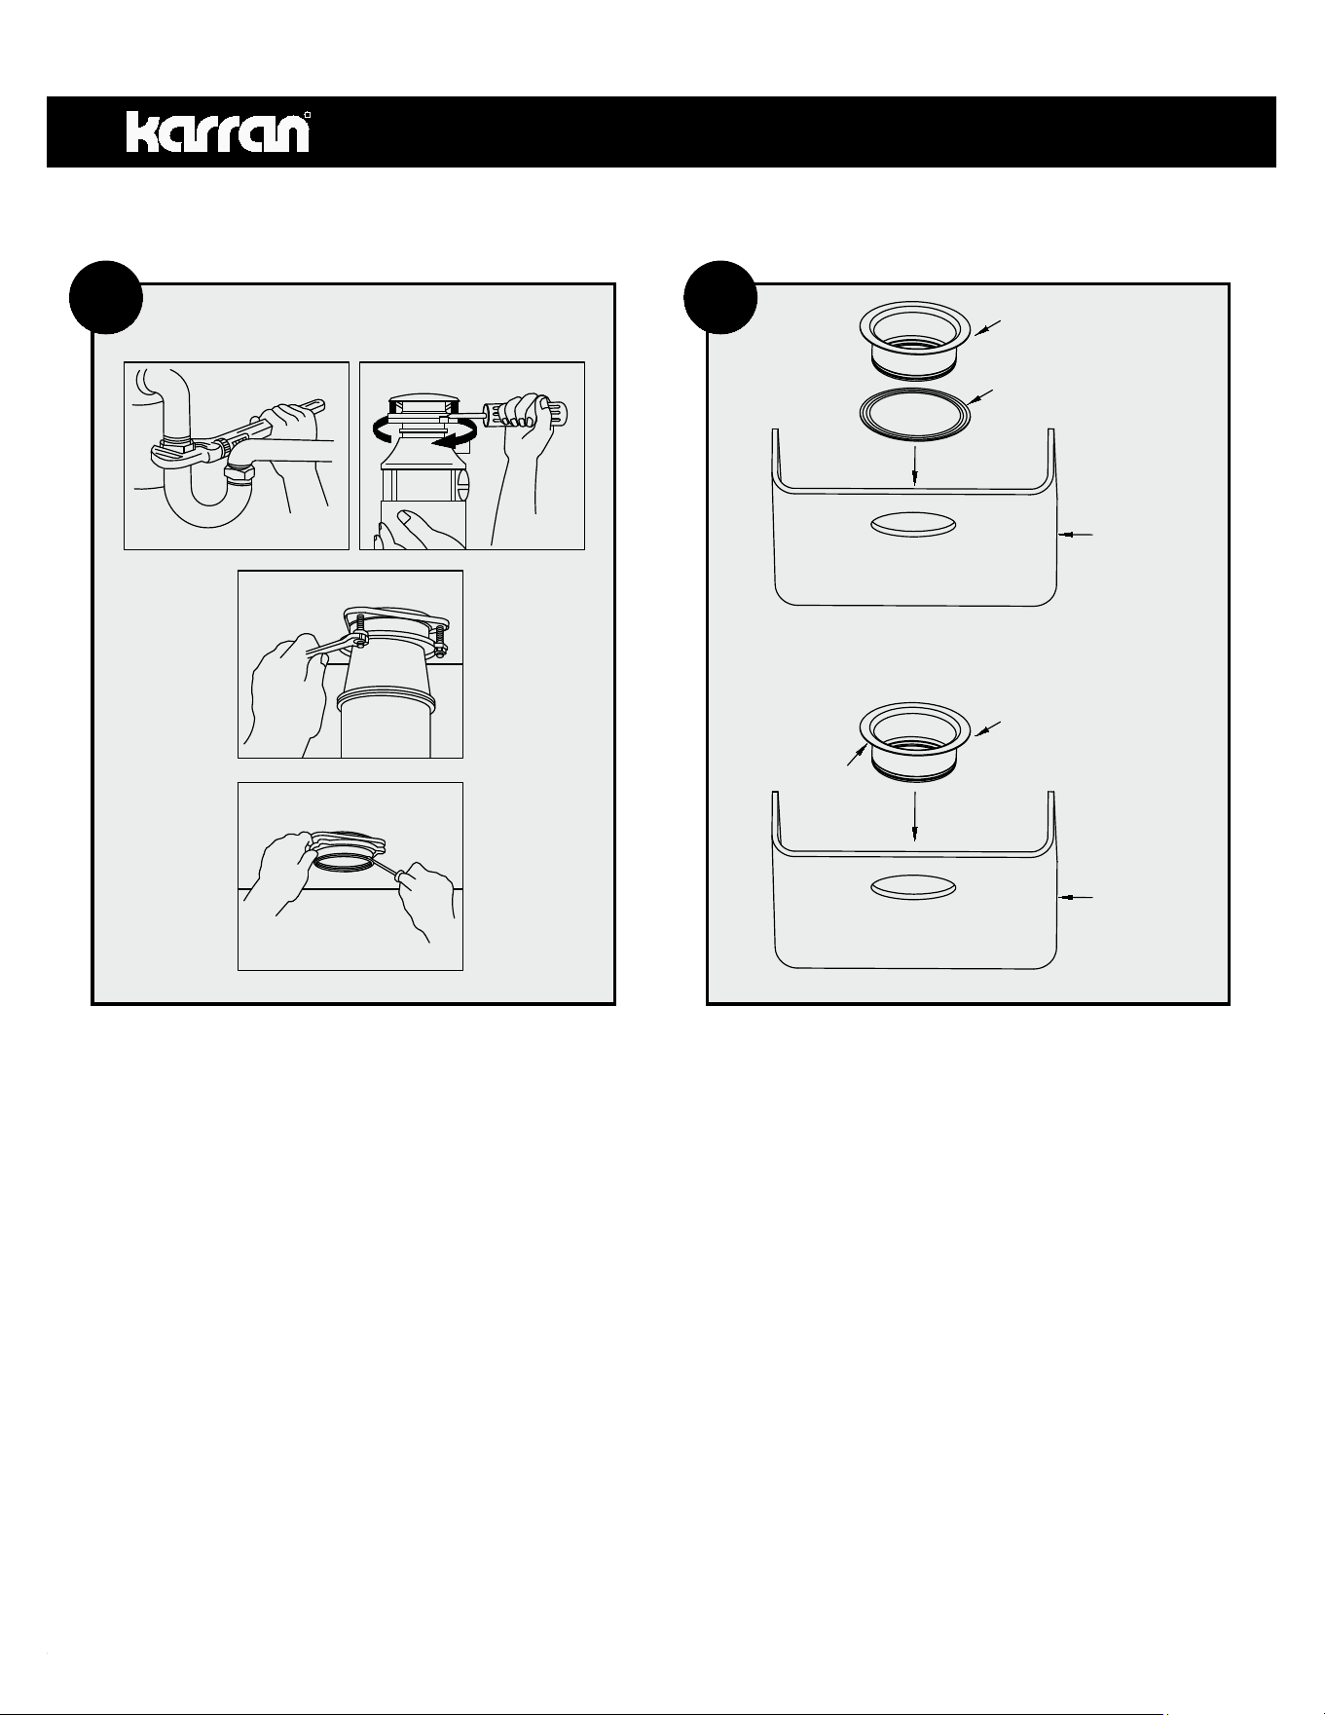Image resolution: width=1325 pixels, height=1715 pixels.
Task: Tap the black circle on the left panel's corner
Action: coord(107,297)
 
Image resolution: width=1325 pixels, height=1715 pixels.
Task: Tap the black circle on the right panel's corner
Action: coord(720,297)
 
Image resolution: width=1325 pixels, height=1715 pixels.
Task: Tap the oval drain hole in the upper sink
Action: coord(913,524)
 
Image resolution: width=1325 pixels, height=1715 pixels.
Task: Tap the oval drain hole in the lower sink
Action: coord(913,888)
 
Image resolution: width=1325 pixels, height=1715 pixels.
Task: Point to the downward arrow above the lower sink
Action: coord(914,816)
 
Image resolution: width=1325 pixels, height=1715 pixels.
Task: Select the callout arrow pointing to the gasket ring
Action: coord(984,398)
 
